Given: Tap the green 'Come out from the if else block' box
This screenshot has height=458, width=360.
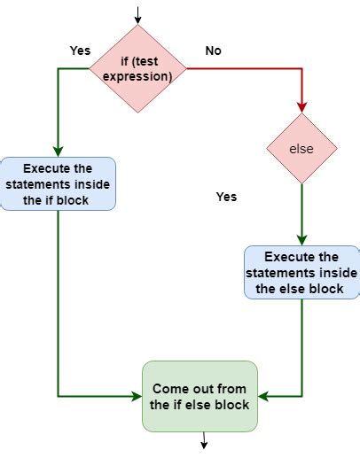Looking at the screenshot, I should tap(200, 396).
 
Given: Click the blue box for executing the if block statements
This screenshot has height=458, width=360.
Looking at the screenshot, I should tap(58, 183).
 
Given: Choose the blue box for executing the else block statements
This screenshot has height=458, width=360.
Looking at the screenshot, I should tap(301, 272).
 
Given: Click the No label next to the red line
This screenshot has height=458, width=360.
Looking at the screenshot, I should tap(213, 50).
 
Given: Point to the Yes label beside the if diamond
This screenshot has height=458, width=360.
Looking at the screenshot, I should tap(81, 50).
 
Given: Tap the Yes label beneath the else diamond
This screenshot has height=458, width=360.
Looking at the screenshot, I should tap(226, 197).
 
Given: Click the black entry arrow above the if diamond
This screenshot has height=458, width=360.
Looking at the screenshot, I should tap(138, 13).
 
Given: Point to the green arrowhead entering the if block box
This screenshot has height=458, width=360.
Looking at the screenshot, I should tap(59, 151).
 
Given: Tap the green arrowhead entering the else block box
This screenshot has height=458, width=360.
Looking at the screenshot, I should tap(301, 240).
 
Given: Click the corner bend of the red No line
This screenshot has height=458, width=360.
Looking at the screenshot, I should tap(301, 68).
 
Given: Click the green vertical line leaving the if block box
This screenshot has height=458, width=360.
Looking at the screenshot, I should tap(59, 301).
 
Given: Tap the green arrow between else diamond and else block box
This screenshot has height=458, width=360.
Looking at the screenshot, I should tap(301, 213).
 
